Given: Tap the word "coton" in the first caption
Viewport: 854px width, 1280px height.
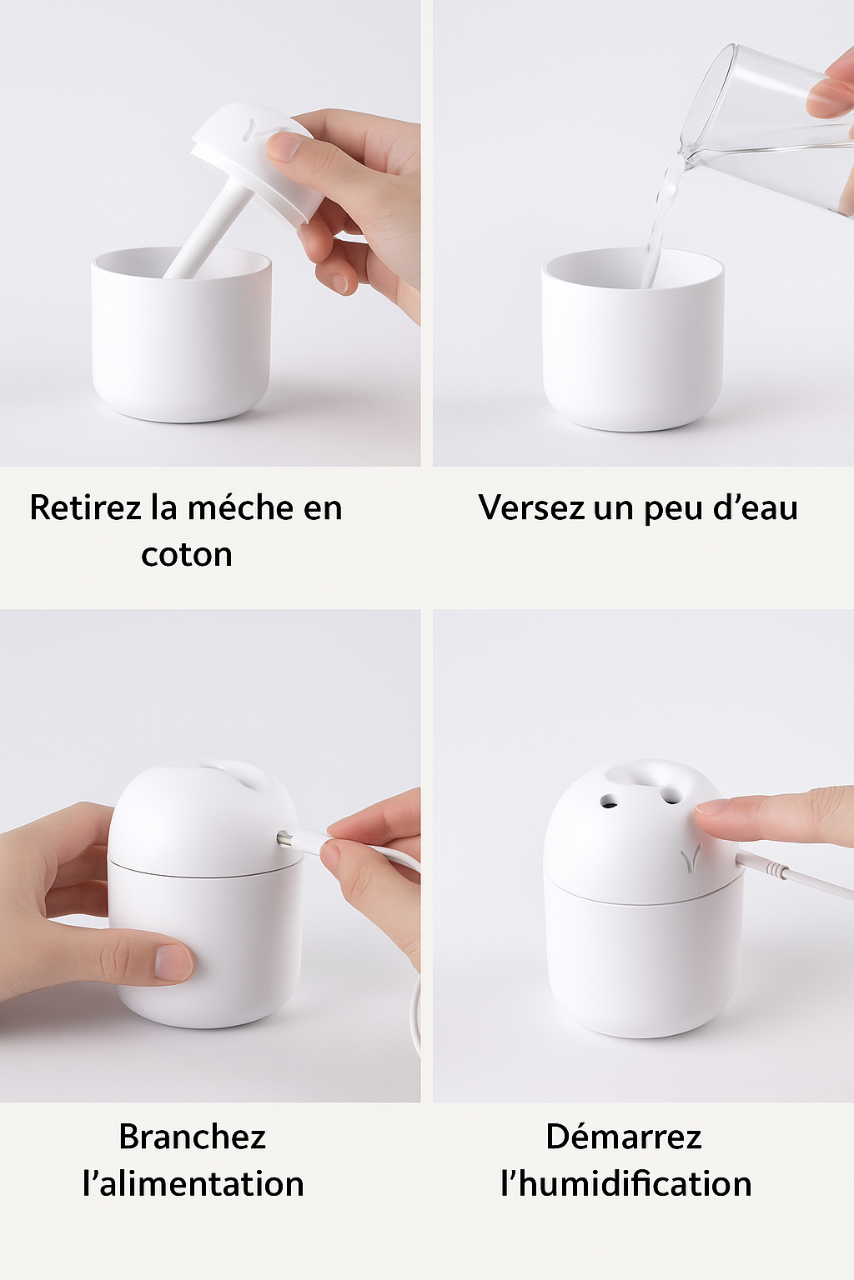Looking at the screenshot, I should pyautogui.click(x=186, y=555).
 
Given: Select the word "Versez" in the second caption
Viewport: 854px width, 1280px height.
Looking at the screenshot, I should pyautogui.click(x=530, y=507).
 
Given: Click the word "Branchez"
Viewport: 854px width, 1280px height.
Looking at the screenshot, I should pyautogui.click(x=192, y=1137).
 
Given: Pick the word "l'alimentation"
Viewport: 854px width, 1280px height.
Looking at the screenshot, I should pyautogui.click(x=193, y=1184).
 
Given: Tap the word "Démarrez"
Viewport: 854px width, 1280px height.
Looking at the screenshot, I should pyautogui.click(x=624, y=1137).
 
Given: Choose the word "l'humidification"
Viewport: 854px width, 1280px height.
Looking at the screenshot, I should pyautogui.click(x=625, y=1184).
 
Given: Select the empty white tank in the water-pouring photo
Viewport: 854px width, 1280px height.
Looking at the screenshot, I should pyautogui.click(x=632, y=358).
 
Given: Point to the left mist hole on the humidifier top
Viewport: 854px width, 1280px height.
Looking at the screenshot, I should pyautogui.click(x=609, y=801).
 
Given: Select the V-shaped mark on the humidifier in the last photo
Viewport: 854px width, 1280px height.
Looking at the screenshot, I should pyautogui.click(x=690, y=858).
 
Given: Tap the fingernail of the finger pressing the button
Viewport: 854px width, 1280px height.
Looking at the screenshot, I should pyautogui.click(x=711, y=807).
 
